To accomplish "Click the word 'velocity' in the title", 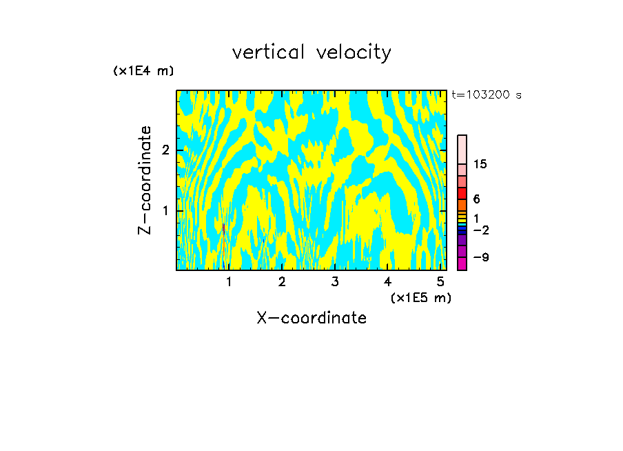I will [354, 52].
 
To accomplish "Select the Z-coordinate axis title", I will [145, 180].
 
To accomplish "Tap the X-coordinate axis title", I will [311, 318].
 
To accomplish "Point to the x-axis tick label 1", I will [229, 281].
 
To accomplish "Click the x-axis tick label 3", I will [335, 281].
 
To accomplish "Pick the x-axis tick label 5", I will [440, 281].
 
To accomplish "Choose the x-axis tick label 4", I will [387, 281].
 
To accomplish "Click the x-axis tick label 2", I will [282, 281].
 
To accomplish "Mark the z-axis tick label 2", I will [165, 150].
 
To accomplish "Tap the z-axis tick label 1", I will [165, 210].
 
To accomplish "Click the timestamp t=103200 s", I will [487, 95].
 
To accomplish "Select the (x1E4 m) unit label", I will [143, 71].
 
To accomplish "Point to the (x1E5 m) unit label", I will [420, 297].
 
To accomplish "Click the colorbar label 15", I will [480, 164].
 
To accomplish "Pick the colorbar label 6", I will [476, 199].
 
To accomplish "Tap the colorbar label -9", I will [480, 257].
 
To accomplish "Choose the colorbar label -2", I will [480, 230].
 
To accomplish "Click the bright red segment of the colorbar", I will [462, 194].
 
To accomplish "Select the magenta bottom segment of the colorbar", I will [462, 263].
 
